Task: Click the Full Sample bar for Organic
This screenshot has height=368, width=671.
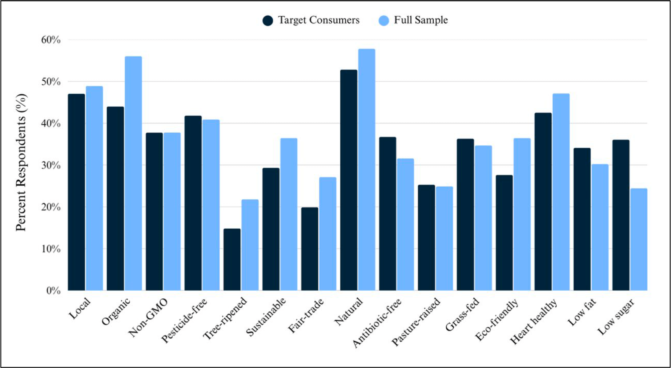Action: tap(133, 173)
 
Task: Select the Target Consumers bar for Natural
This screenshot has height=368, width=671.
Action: tap(349, 180)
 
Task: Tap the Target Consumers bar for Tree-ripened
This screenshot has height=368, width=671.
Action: tap(232, 259)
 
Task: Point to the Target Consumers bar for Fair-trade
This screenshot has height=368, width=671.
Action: tap(310, 249)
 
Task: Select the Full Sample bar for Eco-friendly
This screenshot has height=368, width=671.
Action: tap(522, 214)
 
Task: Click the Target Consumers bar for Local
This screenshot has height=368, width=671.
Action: tap(76, 192)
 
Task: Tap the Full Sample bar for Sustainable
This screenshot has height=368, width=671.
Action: tap(289, 214)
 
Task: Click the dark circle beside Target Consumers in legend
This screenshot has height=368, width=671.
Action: tap(268, 20)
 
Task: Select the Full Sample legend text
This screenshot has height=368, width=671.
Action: tap(420, 20)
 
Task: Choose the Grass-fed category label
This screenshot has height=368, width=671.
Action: tap(462, 314)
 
